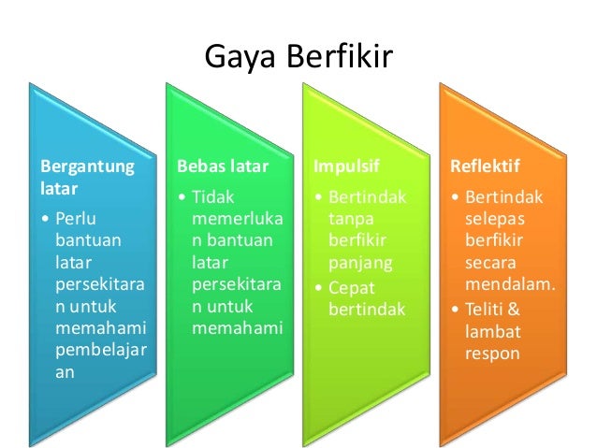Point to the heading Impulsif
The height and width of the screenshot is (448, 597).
coord(341,167)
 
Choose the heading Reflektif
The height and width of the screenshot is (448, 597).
coord(486,167)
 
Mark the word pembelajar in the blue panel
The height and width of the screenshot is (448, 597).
coord(97,350)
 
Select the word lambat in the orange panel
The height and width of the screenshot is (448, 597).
coord(492,330)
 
